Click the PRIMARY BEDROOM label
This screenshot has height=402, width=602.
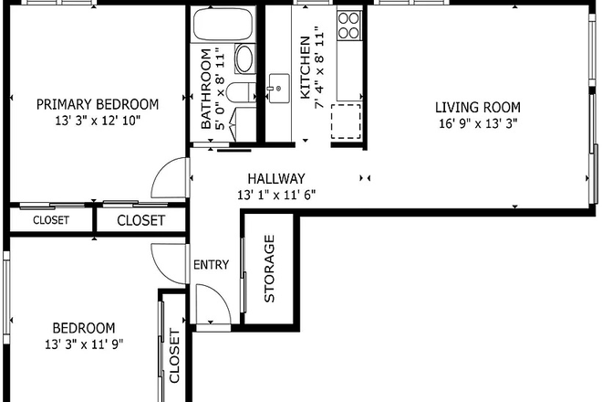pos(97,104)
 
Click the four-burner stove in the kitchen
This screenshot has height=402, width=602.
pos(348,26)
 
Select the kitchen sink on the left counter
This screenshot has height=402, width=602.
pos(273,90)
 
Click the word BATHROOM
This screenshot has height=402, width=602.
pos(206,88)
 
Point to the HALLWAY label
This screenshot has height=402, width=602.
pos(276,179)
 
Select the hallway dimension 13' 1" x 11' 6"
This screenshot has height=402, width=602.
pos(276,196)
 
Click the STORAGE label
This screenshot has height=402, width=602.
pos(269,269)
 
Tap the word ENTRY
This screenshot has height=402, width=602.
pos(212,265)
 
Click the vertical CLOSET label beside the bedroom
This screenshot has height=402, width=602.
pos(174,355)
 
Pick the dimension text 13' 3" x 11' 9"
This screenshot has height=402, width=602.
pos(83,344)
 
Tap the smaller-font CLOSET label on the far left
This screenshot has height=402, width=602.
pos(51,220)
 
